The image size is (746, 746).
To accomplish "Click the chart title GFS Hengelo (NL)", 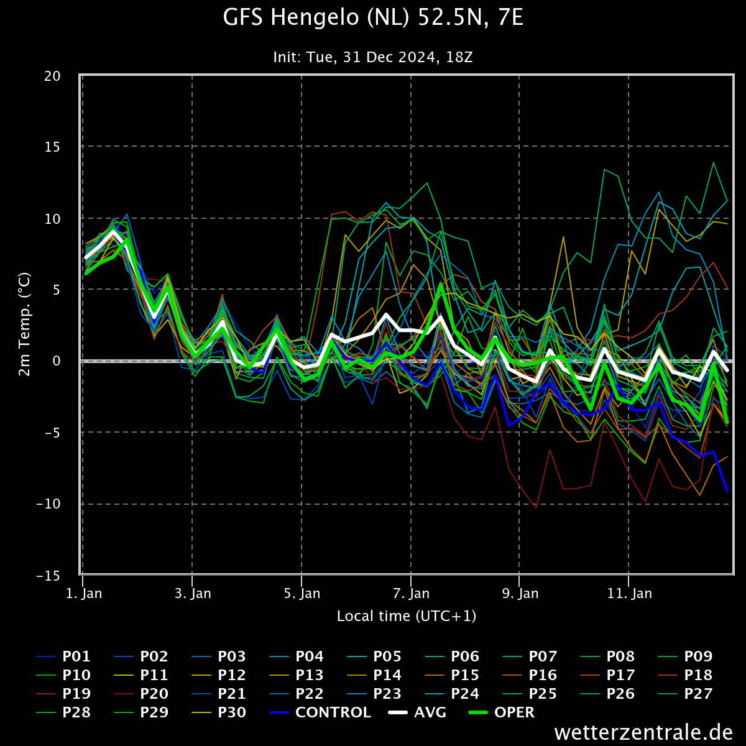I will (373, 18).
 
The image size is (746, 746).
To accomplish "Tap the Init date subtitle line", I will (373, 57).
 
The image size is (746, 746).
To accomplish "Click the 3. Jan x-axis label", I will (193, 594).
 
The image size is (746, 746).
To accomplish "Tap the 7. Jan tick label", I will (411, 594).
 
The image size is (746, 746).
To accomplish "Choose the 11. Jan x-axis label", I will (630, 594).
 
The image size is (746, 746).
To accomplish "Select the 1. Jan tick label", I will (84, 594).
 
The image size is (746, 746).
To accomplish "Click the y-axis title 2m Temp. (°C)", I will (24, 324).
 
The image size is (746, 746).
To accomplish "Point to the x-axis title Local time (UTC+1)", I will (407, 616).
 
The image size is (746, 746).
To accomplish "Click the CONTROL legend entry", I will (333, 712).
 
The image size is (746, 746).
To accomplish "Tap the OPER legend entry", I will (514, 712).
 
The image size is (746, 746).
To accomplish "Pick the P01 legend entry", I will (76, 656).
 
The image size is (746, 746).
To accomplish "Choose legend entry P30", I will (231, 712).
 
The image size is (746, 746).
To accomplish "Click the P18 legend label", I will (698, 675).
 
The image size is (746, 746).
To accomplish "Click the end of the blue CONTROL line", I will (727, 491).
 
